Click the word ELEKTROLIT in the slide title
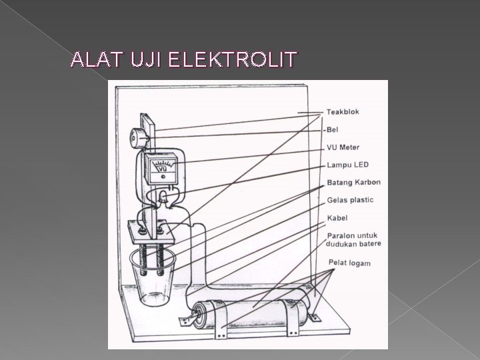coord(231,61)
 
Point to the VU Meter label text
coord(343,147)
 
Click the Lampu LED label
coord(347,164)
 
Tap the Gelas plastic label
coord(350,200)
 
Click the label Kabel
coord(337,218)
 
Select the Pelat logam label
coord(349,264)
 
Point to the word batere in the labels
coord(369,244)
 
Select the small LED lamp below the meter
coord(163,195)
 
